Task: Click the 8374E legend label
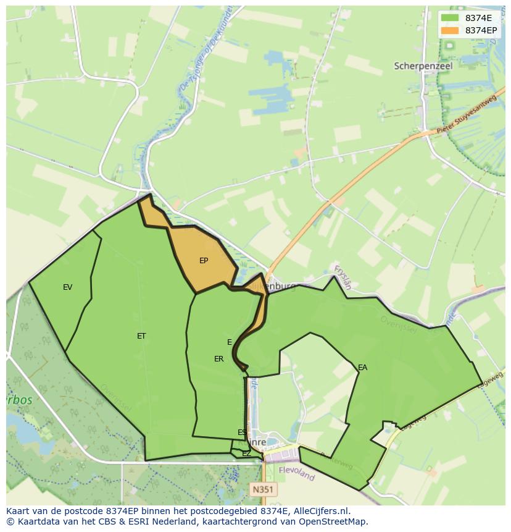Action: coord(478,18)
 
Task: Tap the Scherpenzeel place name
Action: coord(423,65)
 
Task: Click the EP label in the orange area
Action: coord(204,261)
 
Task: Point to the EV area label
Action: coord(68,287)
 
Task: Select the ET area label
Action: coord(141,336)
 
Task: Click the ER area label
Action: coord(219,359)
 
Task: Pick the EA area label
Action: coord(362,368)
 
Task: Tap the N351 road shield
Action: coord(264,489)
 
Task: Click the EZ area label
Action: coord(246,454)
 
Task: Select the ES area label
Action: coord(242,433)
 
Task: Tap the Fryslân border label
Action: coord(343,277)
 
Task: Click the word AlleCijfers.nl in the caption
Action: coord(322,511)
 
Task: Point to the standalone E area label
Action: coord(230,342)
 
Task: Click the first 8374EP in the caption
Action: coord(126,511)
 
